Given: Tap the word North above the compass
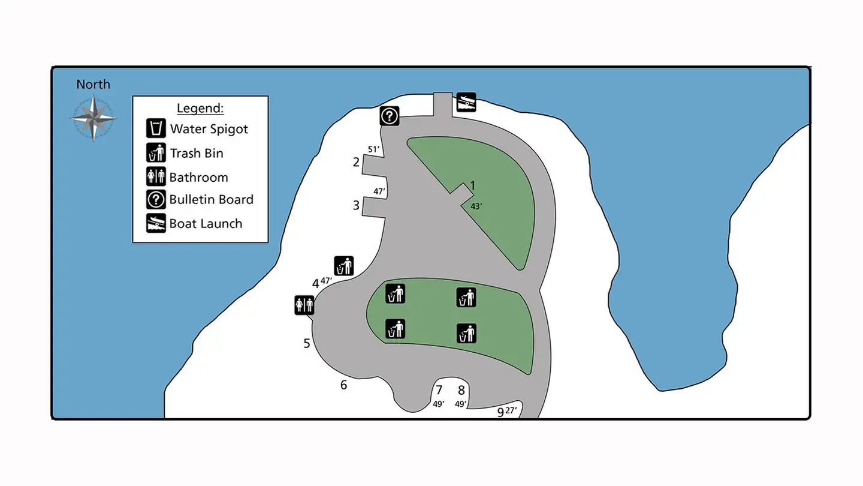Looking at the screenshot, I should point(93,85).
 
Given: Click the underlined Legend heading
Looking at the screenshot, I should point(200,109).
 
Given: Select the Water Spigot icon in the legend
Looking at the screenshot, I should point(156,129).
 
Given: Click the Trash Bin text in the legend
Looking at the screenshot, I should point(197,154).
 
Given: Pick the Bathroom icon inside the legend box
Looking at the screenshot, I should point(156,177).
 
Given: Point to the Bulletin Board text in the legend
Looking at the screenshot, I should point(211,200).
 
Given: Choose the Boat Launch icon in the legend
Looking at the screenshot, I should point(156,223).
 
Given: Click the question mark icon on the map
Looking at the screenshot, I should point(390,115).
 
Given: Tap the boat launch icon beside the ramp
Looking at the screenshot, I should point(466,102).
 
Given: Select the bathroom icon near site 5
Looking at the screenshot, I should point(304,305).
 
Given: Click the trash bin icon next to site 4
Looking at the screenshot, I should point(344,266).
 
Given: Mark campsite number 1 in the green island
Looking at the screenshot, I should point(472,186).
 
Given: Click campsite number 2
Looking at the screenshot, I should point(356,162).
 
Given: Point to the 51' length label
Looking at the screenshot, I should point(375,149).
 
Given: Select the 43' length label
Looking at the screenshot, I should point(476,206).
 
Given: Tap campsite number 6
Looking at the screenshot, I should point(343,385).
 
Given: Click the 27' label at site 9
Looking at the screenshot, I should point(511,410).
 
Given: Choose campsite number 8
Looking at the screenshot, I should point(461,390).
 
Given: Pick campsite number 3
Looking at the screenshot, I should point(356,206).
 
